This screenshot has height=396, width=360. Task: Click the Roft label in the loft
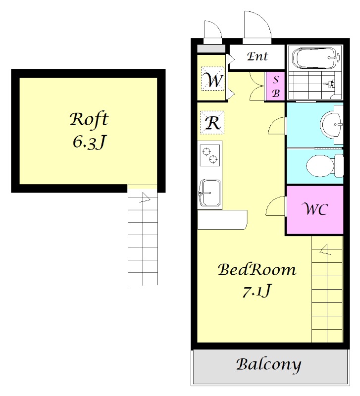click(x=89, y=119)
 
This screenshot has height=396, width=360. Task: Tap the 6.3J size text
click(x=89, y=142)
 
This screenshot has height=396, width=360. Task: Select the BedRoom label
click(x=257, y=270)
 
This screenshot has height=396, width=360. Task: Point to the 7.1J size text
click(x=257, y=291)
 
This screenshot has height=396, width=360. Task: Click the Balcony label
click(x=268, y=365)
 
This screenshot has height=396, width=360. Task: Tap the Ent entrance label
click(x=257, y=56)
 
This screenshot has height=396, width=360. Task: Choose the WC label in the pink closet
click(x=315, y=209)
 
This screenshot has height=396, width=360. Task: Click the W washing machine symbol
click(x=212, y=78)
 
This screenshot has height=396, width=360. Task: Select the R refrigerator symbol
click(x=212, y=123)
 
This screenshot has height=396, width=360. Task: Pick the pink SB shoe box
click(x=275, y=86)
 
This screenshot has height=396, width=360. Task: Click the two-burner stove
click(x=209, y=155)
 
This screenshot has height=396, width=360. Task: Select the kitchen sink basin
click(x=210, y=193)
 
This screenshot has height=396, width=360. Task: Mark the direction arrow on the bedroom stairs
click(x=325, y=250)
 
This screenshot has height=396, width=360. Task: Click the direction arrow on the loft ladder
click(x=145, y=198)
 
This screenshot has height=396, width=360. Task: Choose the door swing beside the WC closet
click(x=276, y=206)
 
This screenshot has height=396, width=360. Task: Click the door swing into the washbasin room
click(x=277, y=126)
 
